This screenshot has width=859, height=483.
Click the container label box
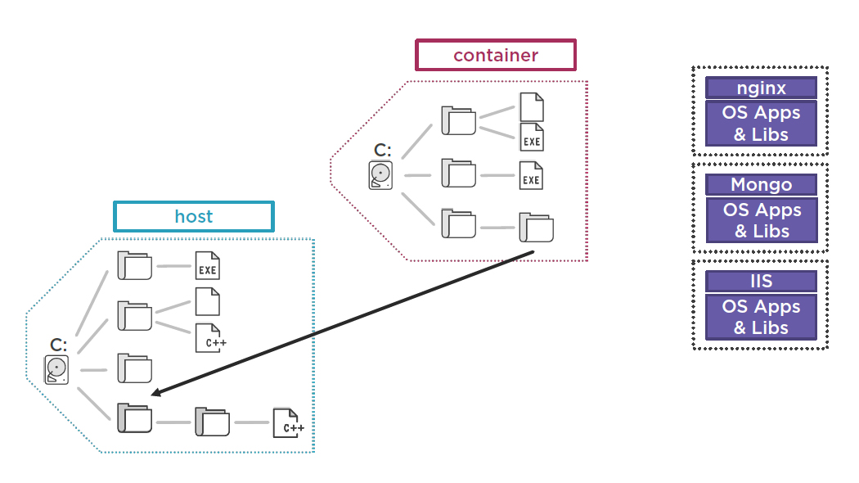pos(496,55)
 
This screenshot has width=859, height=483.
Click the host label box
pos(193,216)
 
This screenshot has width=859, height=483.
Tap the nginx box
pos(761,88)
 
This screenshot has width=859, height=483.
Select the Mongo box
pos(761,184)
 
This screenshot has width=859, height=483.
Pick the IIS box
pos(761,281)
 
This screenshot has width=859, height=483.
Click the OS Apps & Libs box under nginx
pos(761,124)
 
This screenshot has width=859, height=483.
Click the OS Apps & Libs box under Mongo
pos(761,220)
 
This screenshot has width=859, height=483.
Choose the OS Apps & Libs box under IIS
pos(761,317)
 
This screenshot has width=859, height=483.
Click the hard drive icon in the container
pos(381,175)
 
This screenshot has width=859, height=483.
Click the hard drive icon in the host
pos(56,370)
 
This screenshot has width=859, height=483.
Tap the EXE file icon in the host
pos(208,266)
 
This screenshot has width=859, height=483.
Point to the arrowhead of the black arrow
pos(155,394)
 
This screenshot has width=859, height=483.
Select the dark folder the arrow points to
pos(134,418)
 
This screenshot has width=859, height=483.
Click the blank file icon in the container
pos(532,107)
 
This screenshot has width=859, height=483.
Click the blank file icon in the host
pos(208,302)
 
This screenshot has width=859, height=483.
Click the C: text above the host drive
pos(57,345)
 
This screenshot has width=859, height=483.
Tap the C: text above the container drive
pos(382,150)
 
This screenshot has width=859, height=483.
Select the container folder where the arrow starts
pos(536,228)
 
